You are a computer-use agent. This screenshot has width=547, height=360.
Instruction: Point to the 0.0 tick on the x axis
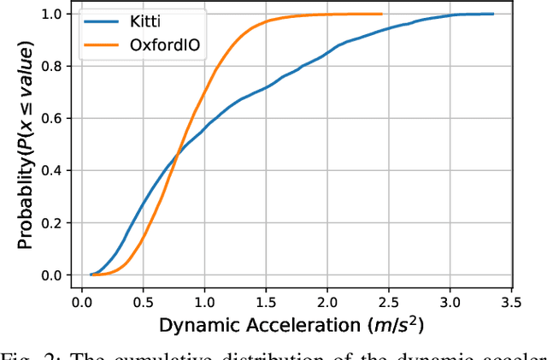tap(82, 302)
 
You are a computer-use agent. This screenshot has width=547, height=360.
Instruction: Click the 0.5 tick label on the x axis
tap(144, 302)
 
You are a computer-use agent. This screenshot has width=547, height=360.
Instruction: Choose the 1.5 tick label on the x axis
tap(267, 302)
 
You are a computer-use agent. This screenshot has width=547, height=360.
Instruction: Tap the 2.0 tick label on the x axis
tap(328, 302)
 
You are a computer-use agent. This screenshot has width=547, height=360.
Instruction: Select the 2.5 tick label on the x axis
tap(390, 302)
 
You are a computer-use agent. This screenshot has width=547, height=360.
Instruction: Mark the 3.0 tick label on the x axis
tap(451, 302)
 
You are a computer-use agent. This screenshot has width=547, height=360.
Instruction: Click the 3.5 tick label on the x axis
tap(513, 302)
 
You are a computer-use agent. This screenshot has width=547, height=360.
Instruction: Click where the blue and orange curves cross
tap(178, 153)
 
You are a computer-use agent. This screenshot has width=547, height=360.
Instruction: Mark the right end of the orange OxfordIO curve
tap(382, 14)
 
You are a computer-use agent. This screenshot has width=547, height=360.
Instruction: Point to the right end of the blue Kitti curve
tap(494, 14)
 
